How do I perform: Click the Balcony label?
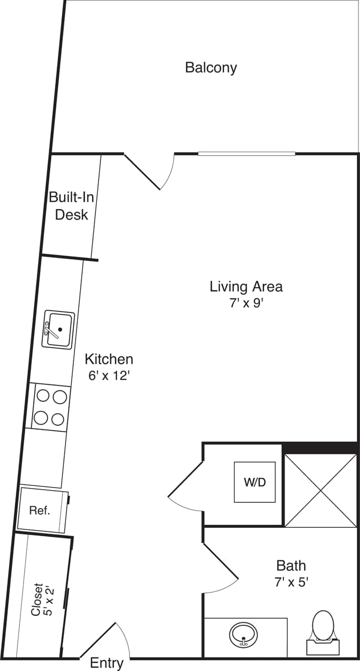(211, 68)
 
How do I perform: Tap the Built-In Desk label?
(72, 206)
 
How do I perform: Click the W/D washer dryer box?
(255, 482)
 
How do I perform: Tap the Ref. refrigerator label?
(39, 510)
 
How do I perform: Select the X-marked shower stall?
(321, 490)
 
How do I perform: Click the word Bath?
(291, 566)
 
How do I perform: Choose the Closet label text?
(37, 599)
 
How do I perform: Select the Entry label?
(106, 663)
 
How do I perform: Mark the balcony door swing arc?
(169, 173)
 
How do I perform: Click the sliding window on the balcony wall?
(246, 154)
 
